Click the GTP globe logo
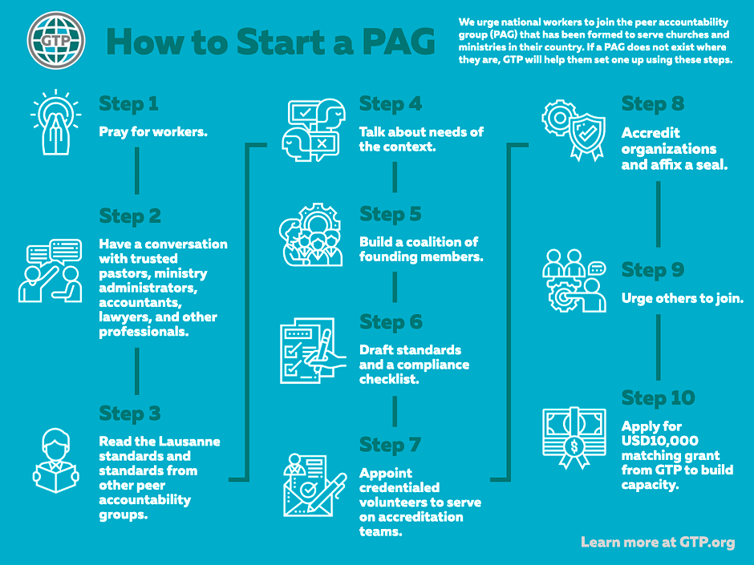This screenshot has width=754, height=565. pos(56,40)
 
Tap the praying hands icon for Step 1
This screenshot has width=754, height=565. pos(56,123)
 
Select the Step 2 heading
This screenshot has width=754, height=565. pos(130,216)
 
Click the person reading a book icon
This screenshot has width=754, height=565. pos(56,461)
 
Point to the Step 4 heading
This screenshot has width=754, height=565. pos(391,104)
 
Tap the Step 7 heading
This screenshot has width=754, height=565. pos(390,446)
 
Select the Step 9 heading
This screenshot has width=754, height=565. pos(653,271)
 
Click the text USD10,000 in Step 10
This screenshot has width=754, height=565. pos(659,441)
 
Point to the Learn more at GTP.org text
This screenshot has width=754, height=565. pos(658,543)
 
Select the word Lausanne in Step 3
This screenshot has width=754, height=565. pos(189,442)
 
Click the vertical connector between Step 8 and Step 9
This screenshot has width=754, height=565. pos(659,214)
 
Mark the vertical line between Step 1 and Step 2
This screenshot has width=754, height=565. pos(137,171)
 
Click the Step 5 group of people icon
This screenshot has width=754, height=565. pos(311,235)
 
